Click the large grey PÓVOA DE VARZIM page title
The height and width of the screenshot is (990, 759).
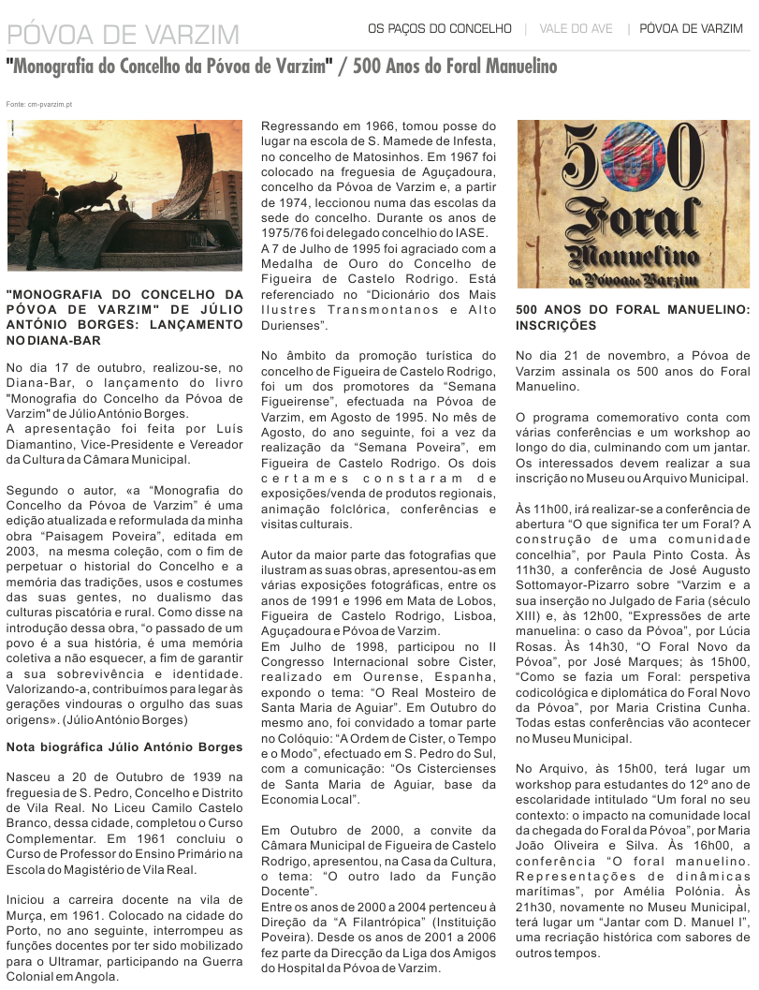(x=123, y=36)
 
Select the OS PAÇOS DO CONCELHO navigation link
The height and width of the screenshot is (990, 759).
(x=439, y=29)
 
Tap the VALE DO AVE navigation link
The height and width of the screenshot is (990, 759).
(x=576, y=29)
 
